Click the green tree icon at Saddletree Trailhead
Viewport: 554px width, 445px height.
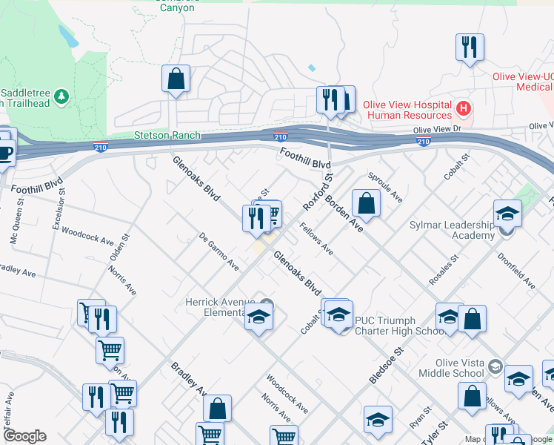(x=61, y=96)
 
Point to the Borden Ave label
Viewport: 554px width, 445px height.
(x=344, y=215)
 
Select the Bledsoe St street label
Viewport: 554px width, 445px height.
(x=385, y=364)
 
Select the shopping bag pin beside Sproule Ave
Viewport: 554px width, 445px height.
(x=366, y=202)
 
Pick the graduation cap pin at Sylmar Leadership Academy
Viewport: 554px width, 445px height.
(x=508, y=214)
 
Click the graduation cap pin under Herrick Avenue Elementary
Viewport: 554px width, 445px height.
(x=257, y=317)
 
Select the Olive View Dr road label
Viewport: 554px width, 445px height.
(x=437, y=130)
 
